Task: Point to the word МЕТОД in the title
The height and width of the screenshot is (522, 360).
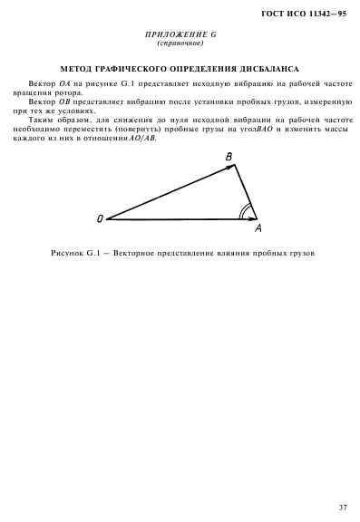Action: pyautogui.click(x=79, y=67)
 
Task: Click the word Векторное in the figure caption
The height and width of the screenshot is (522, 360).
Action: pyautogui.click(x=138, y=251)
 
